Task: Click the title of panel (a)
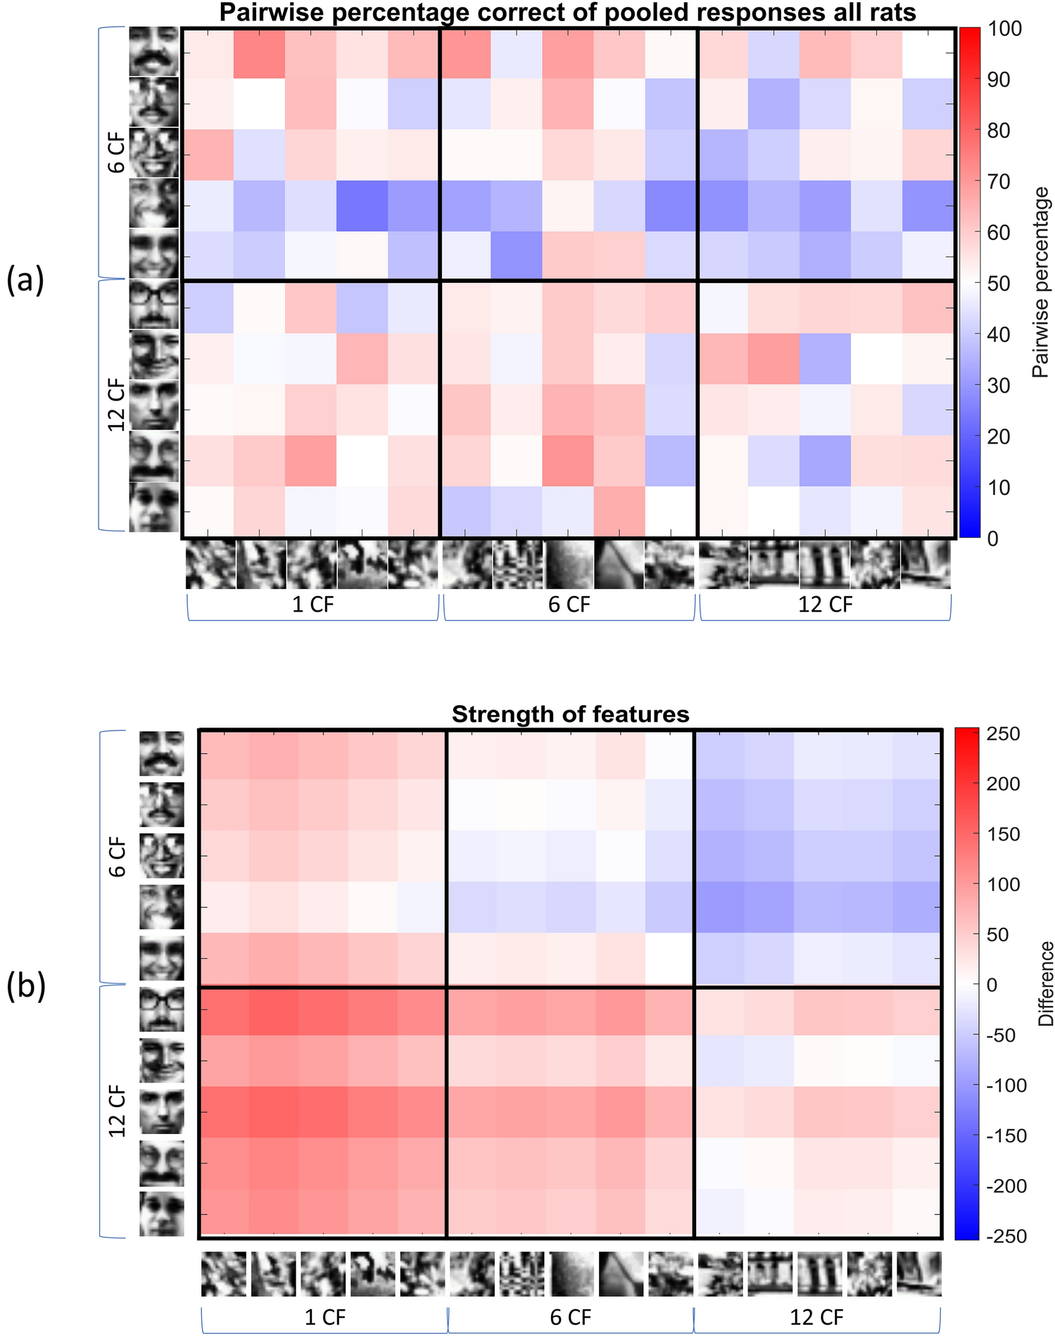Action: pos(567,13)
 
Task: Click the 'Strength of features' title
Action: pos(570,714)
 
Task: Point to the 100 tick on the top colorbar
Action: pos(1004,29)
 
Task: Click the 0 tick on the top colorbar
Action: pos(992,538)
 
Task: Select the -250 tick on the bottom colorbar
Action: pos(1007,1236)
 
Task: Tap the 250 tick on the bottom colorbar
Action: pos(1004,733)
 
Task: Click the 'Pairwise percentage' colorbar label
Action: pos(1040,282)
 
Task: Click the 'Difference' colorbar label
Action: pos(1047,983)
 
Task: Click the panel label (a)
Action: pos(25,280)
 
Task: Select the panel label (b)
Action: pos(26,986)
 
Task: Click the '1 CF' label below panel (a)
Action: pos(312,605)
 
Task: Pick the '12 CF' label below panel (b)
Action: pos(816,1317)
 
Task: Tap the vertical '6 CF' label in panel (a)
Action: pos(116,153)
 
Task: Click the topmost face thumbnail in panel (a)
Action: pos(153,51)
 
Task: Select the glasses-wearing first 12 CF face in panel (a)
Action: pos(153,305)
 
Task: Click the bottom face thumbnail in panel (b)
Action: pos(161,1214)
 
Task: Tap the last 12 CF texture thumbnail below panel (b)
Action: pos(918,1273)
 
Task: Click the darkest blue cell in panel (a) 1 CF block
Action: pos(362,206)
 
